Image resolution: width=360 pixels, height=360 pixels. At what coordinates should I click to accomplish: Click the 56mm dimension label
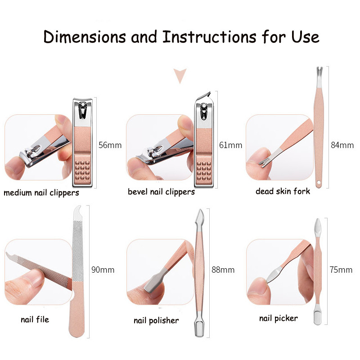point(110,145)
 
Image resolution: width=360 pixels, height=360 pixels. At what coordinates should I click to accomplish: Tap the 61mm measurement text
point(230,145)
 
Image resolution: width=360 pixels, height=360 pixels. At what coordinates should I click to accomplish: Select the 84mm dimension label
point(342,145)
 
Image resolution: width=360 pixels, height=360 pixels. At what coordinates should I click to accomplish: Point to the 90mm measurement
point(103,270)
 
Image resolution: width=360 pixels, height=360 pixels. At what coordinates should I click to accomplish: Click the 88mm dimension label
point(223,270)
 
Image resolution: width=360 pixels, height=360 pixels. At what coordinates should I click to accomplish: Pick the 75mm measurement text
point(341,270)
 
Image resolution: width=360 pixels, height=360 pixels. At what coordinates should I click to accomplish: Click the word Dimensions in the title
point(85,37)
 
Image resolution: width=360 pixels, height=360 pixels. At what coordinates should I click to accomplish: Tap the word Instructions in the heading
point(209,37)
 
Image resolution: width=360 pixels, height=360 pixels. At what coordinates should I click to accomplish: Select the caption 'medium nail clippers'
point(41,193)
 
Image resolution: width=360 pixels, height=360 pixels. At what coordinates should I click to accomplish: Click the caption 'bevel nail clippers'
point(161,192)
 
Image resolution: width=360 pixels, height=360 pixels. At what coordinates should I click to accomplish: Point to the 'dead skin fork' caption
point(283,191)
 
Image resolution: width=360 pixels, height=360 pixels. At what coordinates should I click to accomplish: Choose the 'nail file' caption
point(35,319)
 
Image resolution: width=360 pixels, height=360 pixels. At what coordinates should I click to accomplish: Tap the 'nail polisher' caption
point(156,320)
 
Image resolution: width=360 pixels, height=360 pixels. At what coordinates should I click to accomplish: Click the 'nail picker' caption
point(279,319)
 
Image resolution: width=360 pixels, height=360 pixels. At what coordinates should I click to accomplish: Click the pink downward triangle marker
point(180,76)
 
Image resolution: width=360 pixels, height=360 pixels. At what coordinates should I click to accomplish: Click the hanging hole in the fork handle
point(319,183)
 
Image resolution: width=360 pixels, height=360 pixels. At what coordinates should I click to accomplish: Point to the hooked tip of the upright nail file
point(78,210)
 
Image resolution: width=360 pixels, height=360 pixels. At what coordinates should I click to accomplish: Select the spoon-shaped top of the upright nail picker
point(318,227)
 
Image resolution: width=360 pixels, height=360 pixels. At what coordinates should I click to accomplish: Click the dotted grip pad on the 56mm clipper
point(82,170)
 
